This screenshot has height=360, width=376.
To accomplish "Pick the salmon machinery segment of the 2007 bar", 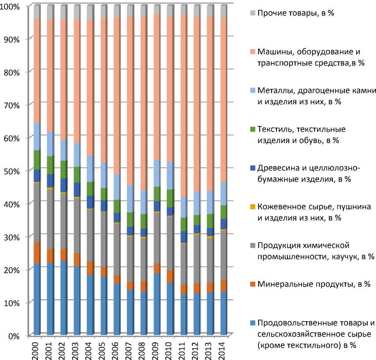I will [130, 101].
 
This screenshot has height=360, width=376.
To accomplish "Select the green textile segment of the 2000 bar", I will [37, 160].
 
